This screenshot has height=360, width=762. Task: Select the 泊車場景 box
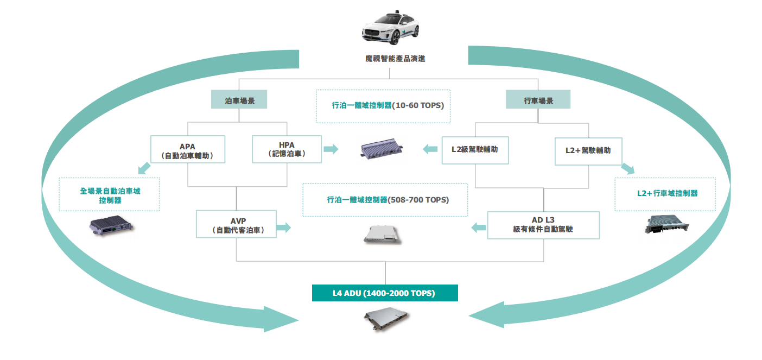(239, 101)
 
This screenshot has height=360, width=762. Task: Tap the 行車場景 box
(538, 101)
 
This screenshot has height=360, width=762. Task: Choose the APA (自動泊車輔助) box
(187, 150)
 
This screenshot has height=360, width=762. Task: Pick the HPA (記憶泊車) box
(287, 149)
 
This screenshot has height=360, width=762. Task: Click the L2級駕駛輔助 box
(475, 149)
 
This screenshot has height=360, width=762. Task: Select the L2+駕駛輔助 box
(588, 150)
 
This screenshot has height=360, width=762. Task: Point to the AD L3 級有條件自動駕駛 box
(543, 225)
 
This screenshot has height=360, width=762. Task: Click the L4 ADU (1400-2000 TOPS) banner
(384, 293)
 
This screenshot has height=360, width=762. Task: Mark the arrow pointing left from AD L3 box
(478, 228)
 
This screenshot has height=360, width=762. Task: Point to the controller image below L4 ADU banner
(386, 320)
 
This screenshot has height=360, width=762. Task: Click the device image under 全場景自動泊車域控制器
(111, 226)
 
